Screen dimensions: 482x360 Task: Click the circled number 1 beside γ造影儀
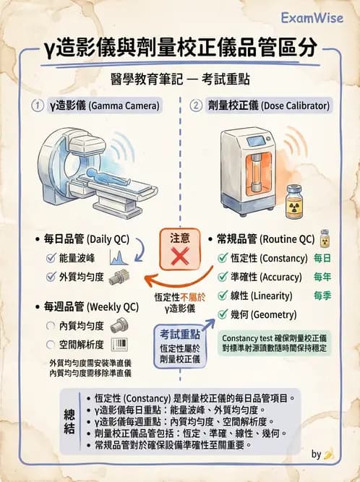point(35,106)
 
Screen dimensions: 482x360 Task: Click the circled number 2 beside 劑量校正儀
point(196,106)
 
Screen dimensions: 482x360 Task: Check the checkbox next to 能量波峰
point(51,257)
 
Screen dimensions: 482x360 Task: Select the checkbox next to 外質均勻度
point(51,276)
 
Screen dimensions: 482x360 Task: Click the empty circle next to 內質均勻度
point(51,325)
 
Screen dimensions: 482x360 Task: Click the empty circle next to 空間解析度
point(51,344)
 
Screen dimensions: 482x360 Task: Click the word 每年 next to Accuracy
point(323,277)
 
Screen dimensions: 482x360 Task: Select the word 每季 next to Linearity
point(323,296)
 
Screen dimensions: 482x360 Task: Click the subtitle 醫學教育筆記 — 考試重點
point(179,77)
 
